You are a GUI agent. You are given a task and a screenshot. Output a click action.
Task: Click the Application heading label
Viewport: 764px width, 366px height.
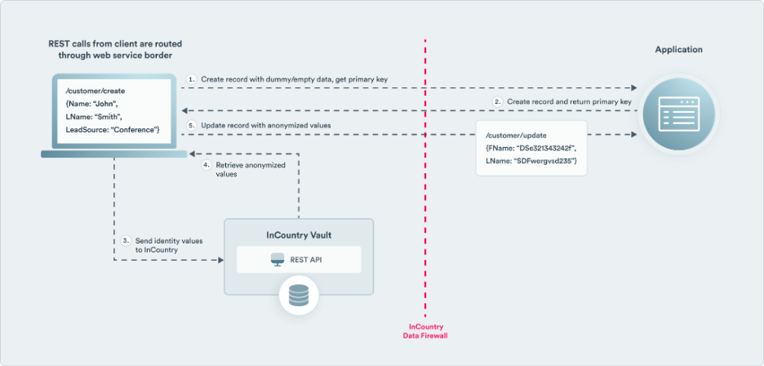click(678, 50)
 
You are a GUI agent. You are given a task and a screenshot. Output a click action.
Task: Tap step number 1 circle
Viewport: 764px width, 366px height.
click(191, 78)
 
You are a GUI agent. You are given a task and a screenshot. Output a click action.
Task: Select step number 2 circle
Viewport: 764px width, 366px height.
click(498, 100)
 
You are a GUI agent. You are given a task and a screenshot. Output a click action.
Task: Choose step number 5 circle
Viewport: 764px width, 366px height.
click(191, 125)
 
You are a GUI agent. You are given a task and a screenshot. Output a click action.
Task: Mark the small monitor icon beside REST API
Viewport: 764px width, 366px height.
click(276, 261)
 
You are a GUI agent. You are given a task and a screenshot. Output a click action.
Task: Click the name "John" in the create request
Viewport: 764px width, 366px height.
click(109, 105)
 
